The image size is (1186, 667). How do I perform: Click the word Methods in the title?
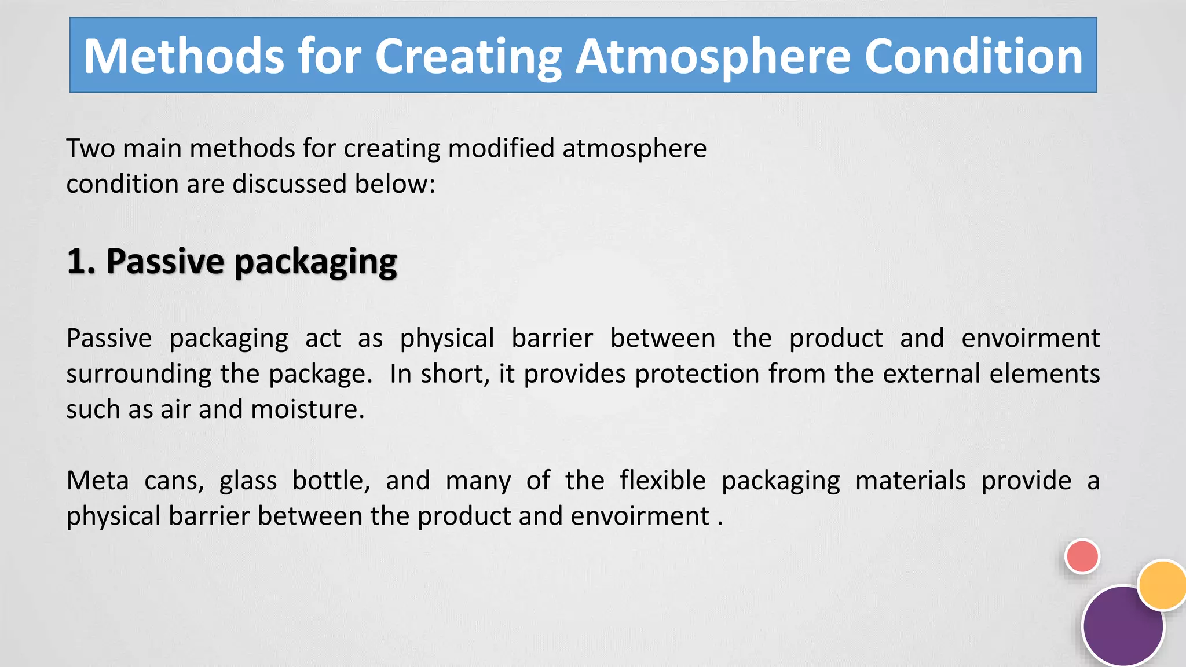click(x=184, y=56)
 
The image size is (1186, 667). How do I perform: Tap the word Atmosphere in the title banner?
click(x=713, y=56)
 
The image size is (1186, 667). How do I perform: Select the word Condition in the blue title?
click(x=973, y=56)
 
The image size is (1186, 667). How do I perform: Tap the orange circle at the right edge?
click(x=1162, y=585)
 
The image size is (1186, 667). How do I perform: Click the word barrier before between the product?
click(x=552, y=338)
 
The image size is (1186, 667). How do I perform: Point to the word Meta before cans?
click(x=97, y=481)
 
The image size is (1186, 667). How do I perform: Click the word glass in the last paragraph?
click(x=248, y=481)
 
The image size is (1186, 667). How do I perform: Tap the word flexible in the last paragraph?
click(x=662, y=481)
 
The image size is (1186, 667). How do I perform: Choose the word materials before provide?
click(x=910, y=481)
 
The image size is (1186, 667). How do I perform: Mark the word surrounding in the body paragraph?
click(x=138, y=374)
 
